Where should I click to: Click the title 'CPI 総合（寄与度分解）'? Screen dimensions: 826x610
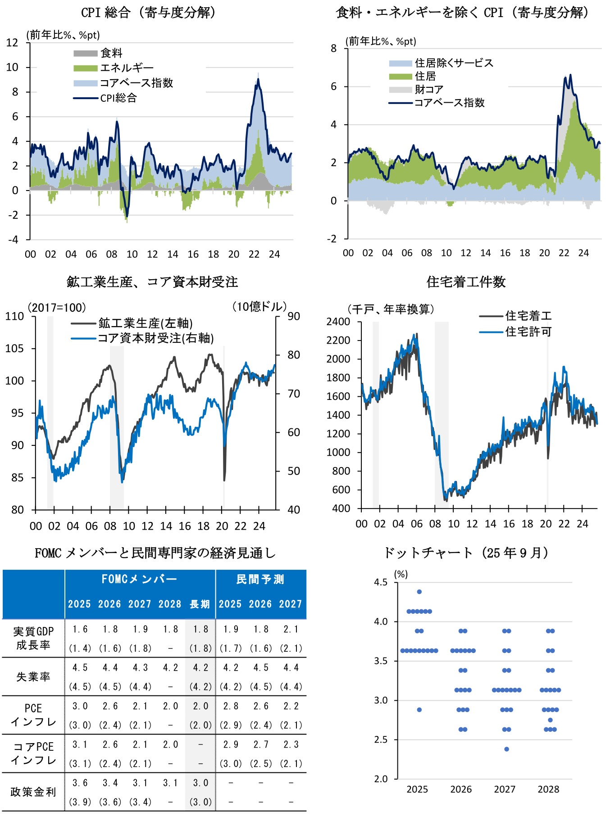[x=148, y=13]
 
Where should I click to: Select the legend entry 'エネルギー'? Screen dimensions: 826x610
[x=127, y=68]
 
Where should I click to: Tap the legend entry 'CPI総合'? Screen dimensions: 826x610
[x=118, y=98]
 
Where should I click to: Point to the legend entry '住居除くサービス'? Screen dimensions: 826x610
[x=454, y=63]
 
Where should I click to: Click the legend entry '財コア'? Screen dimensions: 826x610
[x=429, y=89]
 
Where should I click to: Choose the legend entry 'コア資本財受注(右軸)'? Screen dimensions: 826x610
[x=155, y=338]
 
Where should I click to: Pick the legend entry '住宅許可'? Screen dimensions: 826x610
[x=528, y=332]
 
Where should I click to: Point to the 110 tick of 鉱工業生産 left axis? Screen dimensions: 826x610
[x=14, y=316]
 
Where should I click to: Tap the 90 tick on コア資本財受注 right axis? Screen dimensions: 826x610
[x=294, y=316]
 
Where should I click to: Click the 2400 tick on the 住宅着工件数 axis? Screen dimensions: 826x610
[x=338, y=322]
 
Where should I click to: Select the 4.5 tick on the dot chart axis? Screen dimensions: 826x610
[x=381, y=582]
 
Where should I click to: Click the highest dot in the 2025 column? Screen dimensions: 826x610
[x=419, y=592]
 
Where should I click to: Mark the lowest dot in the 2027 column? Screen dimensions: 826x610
[x=506, y=749]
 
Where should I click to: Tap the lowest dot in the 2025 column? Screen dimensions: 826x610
[x=419, y=710]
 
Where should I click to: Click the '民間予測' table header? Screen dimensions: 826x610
[x=260, y=579]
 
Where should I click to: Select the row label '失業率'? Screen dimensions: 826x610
[x=33, y=677]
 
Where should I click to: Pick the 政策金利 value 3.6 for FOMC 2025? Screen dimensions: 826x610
[x=80, y=783]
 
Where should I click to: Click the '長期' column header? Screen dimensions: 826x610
[x=200, y=604]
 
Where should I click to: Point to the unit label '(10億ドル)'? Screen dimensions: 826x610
[x=259, y=307]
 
